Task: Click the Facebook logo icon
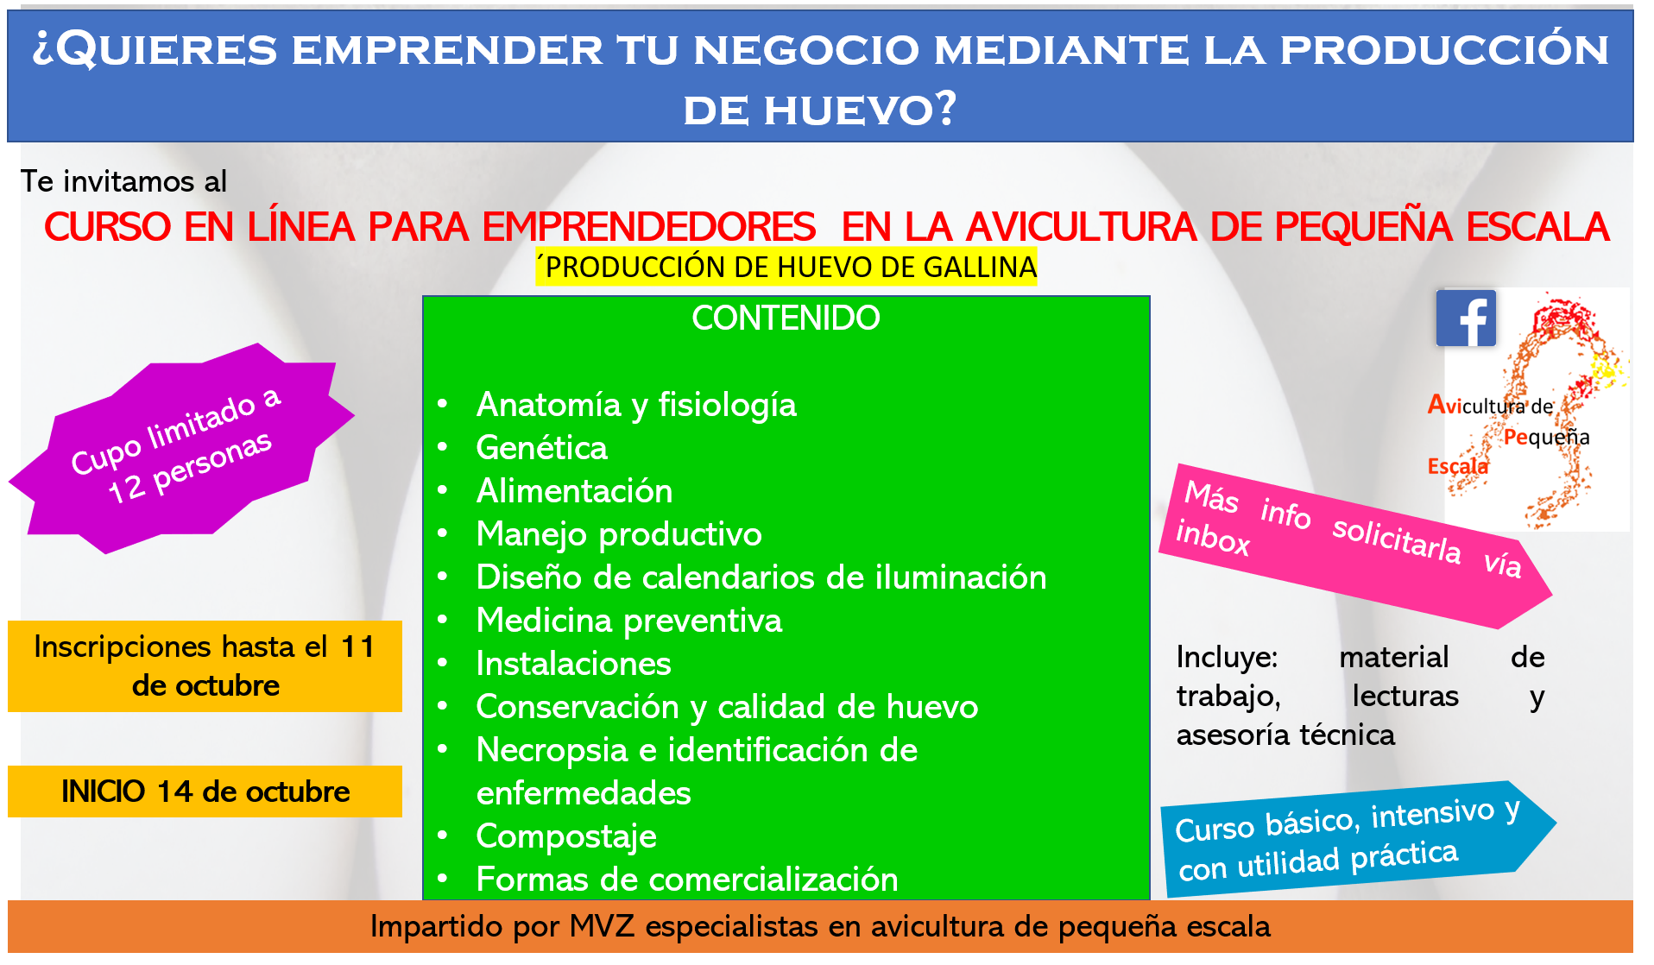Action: [x=1466, y=319]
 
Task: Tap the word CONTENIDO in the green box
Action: [x=786, y=319]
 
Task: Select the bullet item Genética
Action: [x=541, y=448]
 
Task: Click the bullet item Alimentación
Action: [x=574, y=491]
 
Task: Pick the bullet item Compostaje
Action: [x=566, y=836]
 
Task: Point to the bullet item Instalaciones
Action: [x=573, y=664]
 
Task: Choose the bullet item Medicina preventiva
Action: [x=628, y=621]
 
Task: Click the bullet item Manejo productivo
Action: [x=619, y=534]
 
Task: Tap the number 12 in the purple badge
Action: [x=126, y=489]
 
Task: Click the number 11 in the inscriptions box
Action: [x=357, y=646]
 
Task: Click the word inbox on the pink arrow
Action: [x=1212, y=537]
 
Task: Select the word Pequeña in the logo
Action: [x=1546, y=437]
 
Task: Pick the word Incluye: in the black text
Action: [x=1227, y=658]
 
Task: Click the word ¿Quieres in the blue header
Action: [x=155, y=49]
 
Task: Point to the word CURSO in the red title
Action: [x=108, y=228]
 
